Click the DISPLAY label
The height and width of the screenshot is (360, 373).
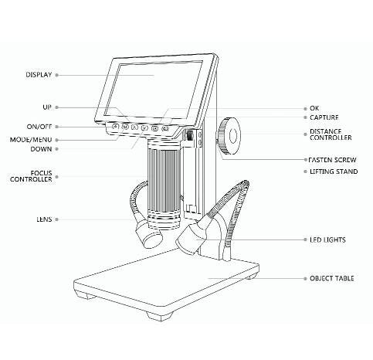point(39,75)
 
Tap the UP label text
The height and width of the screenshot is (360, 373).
point(47,107)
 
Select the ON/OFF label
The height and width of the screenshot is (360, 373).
point(39,127)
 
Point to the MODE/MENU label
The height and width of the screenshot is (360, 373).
point(31,140)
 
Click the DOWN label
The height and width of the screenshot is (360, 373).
point(41,149)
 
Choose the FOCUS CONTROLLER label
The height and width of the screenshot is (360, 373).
point(31,176)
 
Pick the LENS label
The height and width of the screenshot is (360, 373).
point(44,219)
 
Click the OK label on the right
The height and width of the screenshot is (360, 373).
point(314,108)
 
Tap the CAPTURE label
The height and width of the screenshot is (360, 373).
point(324,117)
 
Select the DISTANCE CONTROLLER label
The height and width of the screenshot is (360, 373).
point(331,134)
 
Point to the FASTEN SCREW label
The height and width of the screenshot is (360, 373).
point(332,160)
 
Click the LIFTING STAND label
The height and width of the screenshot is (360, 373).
point(334,172)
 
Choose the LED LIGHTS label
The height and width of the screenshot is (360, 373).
point(327,239)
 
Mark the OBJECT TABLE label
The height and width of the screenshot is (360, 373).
point(332,278)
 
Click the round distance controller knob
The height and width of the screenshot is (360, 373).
point(229,136)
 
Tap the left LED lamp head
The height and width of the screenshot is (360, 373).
point(149,235)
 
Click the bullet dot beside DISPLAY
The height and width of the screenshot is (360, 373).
point(57,75)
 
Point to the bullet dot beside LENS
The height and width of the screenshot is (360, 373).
point(57,219)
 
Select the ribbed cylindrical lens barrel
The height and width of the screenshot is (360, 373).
point(164,183)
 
